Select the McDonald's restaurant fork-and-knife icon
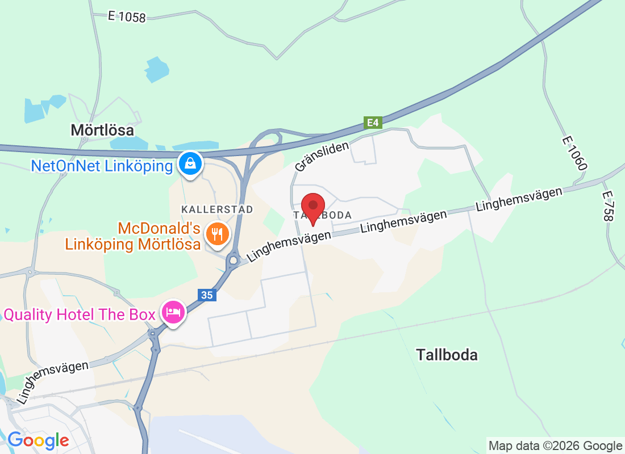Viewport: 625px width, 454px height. click(217, 233)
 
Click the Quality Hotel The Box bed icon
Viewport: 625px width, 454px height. click(174, 312)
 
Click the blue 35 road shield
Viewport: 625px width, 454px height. click(206, 295)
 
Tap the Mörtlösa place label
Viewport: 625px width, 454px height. click(102, 130)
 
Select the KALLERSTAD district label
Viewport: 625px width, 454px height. click(217, 209)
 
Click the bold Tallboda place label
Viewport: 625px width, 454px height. click(447, 355)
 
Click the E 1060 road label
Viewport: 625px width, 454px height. click(574, 153)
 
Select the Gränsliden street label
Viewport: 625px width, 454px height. click(322, 156)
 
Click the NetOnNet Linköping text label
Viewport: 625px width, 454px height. click(102, 166)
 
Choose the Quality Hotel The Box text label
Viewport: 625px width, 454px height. click(80, 314)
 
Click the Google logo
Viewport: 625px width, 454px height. click(38, 440)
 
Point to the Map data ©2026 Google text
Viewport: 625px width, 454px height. click(555, 446)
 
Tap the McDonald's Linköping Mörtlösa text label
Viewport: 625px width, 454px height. click(133, 237)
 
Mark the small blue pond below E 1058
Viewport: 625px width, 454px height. click(157, 69)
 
